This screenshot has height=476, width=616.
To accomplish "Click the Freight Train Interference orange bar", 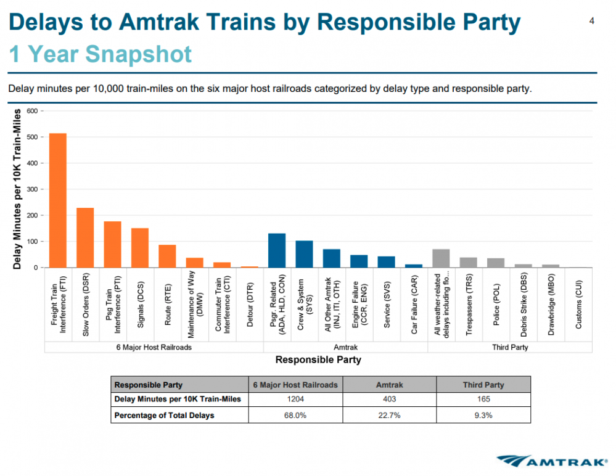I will tap(58, 200).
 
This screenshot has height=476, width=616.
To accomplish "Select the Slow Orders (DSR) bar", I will tap(85, 237).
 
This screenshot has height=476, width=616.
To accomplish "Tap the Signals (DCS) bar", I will tap(140, 248).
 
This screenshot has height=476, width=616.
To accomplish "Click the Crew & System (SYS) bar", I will tap(304, 254).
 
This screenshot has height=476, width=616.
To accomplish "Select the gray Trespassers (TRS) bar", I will tap(469, 263).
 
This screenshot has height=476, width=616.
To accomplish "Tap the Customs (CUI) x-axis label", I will tap(578, 305).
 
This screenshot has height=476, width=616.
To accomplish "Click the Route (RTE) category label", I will tap(167, 305).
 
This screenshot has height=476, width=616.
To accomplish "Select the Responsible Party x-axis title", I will tap(318, 359).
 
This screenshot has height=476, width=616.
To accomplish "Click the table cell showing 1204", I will tap(295, 400).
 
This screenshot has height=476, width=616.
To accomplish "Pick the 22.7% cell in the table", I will tap(389, 416).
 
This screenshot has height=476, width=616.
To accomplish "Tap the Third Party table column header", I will tap(483, 385).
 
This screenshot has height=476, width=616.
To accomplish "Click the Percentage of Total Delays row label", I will tap(165, 416).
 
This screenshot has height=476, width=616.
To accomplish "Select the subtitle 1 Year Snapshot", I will tap(101, 54).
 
